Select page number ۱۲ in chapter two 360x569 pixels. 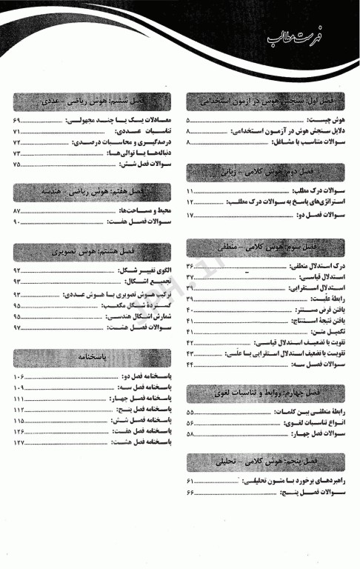[190, 202]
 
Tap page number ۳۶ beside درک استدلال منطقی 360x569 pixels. [190, 265]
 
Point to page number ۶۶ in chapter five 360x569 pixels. [190, 492]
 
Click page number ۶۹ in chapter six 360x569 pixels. [16, 120]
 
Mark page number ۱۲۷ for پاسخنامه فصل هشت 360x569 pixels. [19, 442]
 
